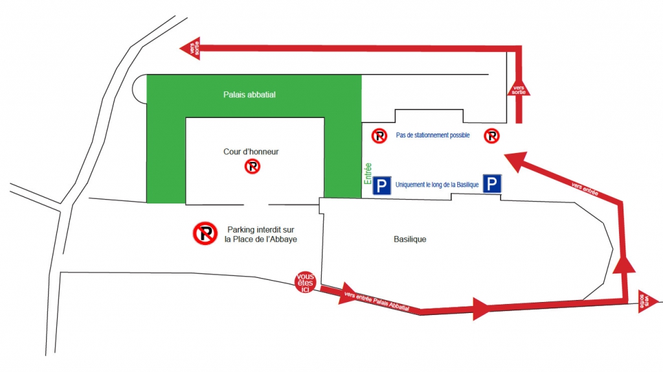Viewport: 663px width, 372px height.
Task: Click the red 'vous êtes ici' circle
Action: (x=306, y=283)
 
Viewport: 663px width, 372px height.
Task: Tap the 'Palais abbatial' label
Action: (x=249, y=95)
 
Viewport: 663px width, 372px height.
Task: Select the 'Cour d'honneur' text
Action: (x=251, y=152)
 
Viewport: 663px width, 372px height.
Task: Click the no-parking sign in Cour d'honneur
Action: (x=253, y=167)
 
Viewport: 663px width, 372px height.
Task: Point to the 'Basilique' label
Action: (x=410, y=239)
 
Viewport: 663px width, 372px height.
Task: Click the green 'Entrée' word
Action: (x=368, y=174)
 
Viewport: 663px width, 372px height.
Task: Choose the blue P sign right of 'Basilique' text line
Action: (x=492, y=184)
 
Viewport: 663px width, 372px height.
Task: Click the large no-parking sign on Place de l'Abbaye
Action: (x=205, y=233)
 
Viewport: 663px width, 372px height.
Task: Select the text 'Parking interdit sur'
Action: (x=261, y=230)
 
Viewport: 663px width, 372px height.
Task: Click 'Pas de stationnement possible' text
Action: (x=433, y=135)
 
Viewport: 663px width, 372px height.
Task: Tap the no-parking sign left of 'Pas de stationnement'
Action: (x=379, y=136)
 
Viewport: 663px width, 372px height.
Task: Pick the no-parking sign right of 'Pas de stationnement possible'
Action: (x=492, y=136)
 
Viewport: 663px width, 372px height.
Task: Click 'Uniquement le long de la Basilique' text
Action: (x=437, y=185)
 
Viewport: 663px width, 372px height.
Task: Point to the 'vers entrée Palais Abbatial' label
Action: (x=377, y=301)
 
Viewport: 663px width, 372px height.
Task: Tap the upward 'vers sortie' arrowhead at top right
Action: (x=519, y=88)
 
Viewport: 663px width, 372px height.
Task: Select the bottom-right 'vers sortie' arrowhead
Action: (x=647, y=301)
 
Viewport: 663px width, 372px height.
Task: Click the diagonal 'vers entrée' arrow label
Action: (x=585, y=189)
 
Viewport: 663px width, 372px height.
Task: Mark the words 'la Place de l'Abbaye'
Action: (x=261, y=240)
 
